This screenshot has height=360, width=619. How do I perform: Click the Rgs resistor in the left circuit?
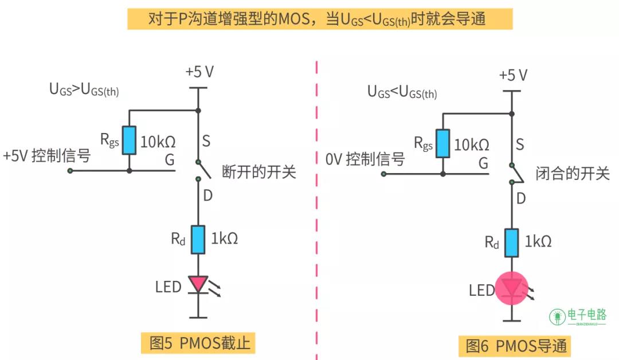click(x=129, y=140)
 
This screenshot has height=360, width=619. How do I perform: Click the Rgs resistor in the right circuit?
click(x=442, y=143)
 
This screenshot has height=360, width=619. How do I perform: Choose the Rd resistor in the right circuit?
click(x=511, y=242)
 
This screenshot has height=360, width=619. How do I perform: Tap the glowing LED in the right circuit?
click(x=511, y=288)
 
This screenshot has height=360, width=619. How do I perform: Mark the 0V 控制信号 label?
click(x=365, y=159)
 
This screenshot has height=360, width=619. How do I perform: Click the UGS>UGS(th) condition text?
click(x=84, y=90)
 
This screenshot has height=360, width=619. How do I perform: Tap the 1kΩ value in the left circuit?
click(x=224, y=239)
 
